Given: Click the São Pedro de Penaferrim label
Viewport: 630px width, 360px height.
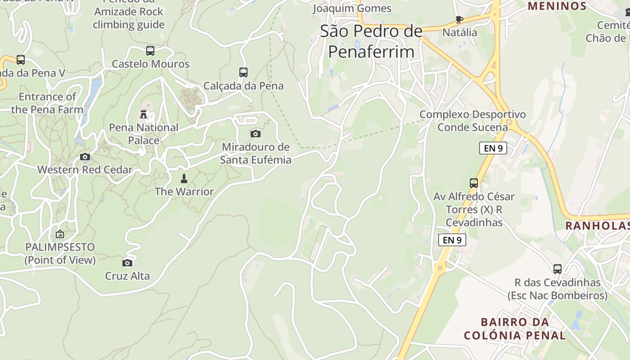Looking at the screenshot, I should (371, 41).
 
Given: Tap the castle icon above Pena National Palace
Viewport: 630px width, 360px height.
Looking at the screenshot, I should (144, 114).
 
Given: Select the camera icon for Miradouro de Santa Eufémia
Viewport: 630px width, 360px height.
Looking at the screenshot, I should (255, 134).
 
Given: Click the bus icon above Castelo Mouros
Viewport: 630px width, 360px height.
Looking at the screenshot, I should (150, 51).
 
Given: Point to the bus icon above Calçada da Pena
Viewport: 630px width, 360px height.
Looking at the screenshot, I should (243, 72).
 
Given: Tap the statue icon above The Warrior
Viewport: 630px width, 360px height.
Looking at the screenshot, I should (184, 179).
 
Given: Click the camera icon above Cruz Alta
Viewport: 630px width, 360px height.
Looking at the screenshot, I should (127, 263).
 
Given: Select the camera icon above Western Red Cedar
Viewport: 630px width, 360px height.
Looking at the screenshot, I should (85, 157).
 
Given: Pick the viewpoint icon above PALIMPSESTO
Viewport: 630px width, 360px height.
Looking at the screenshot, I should (60, 234).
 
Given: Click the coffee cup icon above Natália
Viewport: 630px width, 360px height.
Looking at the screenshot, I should (459, 19).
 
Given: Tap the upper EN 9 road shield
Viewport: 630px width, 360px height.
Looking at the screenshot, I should (493, 148).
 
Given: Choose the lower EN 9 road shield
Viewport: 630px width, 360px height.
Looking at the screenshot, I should (452, 240).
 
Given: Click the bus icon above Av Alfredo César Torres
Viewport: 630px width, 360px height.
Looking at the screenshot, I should (474, 183).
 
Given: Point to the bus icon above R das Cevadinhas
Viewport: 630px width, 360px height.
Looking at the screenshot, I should (558, 269).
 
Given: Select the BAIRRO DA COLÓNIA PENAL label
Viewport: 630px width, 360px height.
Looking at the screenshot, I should (515, 328).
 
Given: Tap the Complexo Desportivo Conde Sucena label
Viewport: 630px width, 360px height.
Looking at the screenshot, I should (472, 121).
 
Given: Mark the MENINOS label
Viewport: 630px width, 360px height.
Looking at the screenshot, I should (557, 6).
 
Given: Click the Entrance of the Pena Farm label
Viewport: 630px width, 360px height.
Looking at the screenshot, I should (47, 103).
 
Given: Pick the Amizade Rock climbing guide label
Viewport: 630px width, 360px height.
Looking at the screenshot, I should (129, 18).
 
